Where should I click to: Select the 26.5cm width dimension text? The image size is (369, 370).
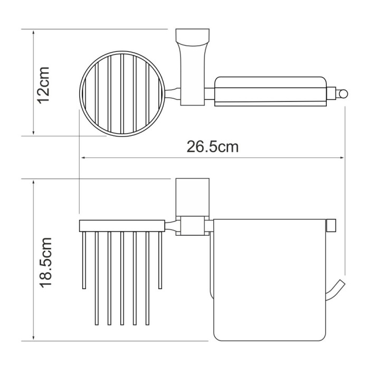[212, 147]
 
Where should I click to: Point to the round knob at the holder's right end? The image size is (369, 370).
[344, 95]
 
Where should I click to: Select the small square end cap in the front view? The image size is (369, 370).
[332, 225]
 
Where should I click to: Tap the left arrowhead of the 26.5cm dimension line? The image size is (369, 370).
[83, 157]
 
